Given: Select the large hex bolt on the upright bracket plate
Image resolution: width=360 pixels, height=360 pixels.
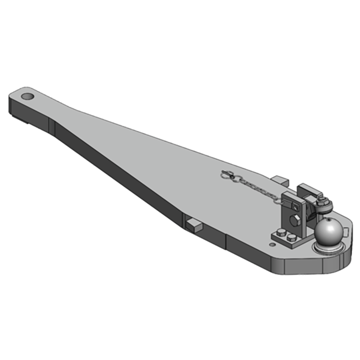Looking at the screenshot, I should coord(295,221).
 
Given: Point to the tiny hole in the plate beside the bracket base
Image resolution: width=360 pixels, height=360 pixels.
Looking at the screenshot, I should coord(271,244).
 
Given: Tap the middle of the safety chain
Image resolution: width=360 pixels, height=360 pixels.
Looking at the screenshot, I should coord(256,186).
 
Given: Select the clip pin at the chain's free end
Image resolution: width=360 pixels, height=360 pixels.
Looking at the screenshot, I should coord(229,175).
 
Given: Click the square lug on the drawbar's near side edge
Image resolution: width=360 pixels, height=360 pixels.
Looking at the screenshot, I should coord(192,223).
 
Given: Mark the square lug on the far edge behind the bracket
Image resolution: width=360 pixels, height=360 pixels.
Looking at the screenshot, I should coord(280,181).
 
